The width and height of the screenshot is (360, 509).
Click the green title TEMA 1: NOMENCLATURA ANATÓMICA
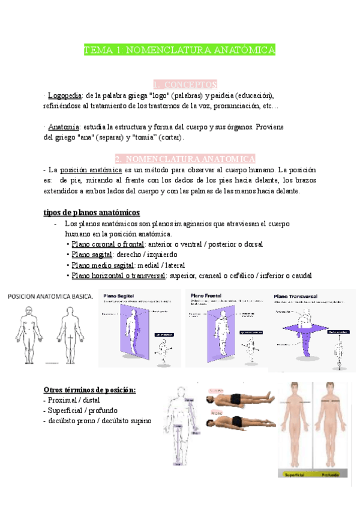[179, 50]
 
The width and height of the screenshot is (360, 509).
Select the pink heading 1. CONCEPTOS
[185, 85]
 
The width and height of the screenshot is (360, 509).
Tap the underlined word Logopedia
[64, 95]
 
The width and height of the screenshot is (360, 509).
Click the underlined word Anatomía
[63, 127]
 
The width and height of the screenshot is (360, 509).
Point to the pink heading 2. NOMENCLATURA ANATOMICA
[185, 159]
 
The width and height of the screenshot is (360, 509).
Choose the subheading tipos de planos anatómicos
[92, 212]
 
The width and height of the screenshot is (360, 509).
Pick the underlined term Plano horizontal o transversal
[119, 276]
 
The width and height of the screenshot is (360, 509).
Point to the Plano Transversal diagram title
[296, 296]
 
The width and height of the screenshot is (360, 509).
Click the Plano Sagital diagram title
[119, 296]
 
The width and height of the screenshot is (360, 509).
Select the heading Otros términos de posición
[90, 390]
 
